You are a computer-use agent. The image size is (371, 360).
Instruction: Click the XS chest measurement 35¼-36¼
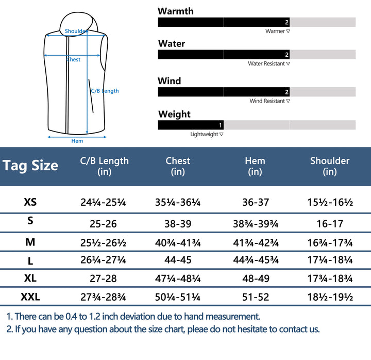click(178, 202)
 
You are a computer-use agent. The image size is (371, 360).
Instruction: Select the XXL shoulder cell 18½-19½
click(330, 297)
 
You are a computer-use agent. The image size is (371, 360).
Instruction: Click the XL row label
click(30, 279)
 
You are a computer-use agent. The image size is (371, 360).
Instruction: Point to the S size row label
click(30, 221)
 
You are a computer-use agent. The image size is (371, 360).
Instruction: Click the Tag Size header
click(30, 166)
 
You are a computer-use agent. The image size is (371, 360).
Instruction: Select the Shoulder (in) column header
click(330, 166)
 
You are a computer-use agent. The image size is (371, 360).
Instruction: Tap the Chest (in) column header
click(178, 166)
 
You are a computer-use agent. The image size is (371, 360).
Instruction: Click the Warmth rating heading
click(176, 11)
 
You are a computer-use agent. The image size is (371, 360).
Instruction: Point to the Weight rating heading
click(174, 114)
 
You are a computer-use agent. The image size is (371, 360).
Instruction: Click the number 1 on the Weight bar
click(221, 125)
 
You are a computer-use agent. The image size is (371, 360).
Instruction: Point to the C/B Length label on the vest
click(105, 91)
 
